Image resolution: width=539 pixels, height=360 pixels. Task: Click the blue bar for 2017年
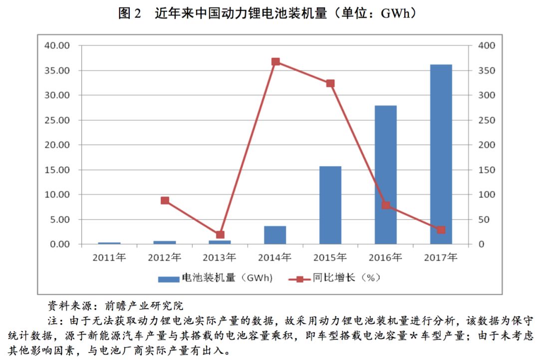tap(441, 154)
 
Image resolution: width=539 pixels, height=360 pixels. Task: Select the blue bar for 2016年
tap(386, 175)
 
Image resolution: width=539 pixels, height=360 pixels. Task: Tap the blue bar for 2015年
tap(330, 205)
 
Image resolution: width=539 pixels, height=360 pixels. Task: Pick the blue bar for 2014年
tap(275, 235)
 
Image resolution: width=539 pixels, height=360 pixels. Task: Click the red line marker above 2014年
tap(275, 62)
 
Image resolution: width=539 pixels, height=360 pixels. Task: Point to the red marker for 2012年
tap(165, 201)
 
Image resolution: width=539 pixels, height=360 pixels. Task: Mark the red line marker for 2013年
tap(220, 235)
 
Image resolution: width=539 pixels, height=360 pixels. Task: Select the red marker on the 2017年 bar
tap(441, 230)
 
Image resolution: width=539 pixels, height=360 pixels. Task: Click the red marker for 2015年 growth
tap(330, 83)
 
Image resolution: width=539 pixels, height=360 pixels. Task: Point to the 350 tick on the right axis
tap(487, 71)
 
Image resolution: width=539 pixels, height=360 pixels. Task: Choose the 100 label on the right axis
tap(487, 195)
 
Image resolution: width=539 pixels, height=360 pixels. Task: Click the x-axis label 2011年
tap(109, 258)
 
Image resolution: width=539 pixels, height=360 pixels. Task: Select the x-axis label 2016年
tap(385, 258)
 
